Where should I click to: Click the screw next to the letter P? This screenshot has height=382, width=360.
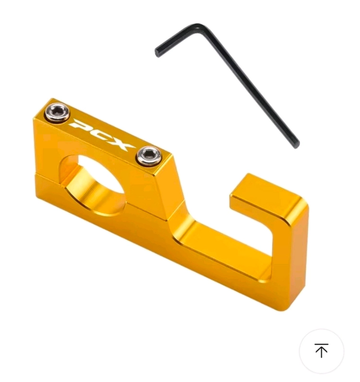pos(57,112)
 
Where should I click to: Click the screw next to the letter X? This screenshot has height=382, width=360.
pos(149,155)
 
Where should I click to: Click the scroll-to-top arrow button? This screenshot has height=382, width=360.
pos(322,351)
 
